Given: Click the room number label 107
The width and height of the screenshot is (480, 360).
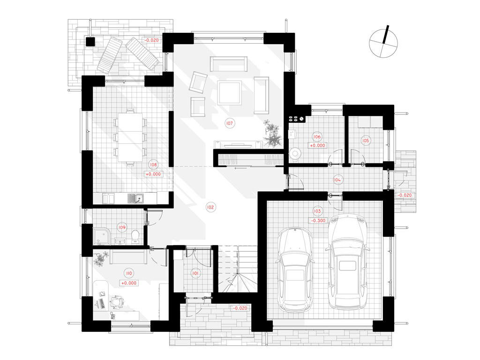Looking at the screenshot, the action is tap(229, 123).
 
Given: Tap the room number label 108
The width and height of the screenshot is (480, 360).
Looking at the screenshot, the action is tap(153, 165).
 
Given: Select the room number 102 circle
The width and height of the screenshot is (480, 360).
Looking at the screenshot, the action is tap(210, 207).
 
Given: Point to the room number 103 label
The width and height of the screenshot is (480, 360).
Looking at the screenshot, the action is tap(317, 211).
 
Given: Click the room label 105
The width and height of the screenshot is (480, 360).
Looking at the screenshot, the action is tap(366, 141).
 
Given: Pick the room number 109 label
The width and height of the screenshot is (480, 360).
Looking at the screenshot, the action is tap(122, 227).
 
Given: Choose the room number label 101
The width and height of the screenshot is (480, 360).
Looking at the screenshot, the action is tap(195, 273).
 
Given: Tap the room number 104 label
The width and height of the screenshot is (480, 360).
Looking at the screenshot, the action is tap(337, 180).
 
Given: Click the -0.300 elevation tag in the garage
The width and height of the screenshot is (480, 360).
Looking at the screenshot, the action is tap(318, 220).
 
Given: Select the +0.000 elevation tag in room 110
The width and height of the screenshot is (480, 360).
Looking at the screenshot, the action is tap(129, 283).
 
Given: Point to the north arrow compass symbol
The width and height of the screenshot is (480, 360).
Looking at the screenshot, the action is tap(383, 43).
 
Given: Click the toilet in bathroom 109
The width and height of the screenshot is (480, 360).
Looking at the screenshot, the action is tap(135, 237).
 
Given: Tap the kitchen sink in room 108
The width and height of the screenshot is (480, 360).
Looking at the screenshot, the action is tap(135, 199).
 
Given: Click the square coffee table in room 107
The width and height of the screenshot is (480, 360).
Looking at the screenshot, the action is tap(230, 93).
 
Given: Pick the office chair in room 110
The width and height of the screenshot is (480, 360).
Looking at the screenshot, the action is tap(117, 301).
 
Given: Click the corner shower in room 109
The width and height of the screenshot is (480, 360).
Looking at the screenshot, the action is tap(101, 236).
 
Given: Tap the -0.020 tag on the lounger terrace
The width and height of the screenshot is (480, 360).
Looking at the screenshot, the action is tap(151, 40).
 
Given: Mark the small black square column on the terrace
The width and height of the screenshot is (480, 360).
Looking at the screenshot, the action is tap(90, 42).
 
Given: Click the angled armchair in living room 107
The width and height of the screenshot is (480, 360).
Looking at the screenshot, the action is tap(198, 82).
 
